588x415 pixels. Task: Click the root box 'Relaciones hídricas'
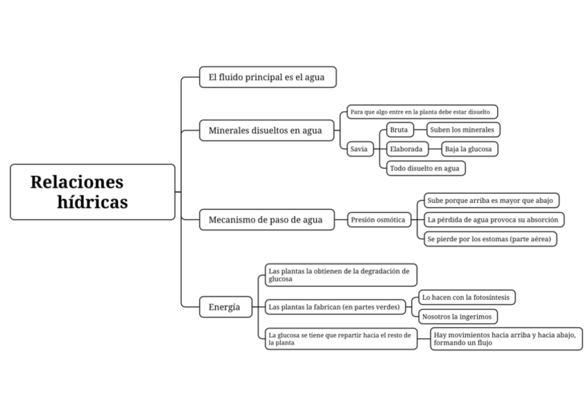pos(92,192)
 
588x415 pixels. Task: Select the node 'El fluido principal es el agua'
pos(267,77)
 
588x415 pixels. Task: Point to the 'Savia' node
pos(361,149)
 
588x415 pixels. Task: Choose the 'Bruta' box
pos(399,130)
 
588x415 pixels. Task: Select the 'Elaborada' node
pos(406,149)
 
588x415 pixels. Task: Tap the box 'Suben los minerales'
pos(462,130)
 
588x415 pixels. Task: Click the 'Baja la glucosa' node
pos(469,149)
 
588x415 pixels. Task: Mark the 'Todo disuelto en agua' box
pos(424,168)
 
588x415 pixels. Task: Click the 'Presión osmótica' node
pos(378,220)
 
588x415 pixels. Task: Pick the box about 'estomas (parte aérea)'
pos(491,238)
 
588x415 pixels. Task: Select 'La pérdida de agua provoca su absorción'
pos(493,220)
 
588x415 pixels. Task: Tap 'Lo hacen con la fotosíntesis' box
pos(466,297)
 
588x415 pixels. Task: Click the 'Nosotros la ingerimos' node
pos(456,316)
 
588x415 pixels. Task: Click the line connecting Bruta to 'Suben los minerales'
pos(420,130)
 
